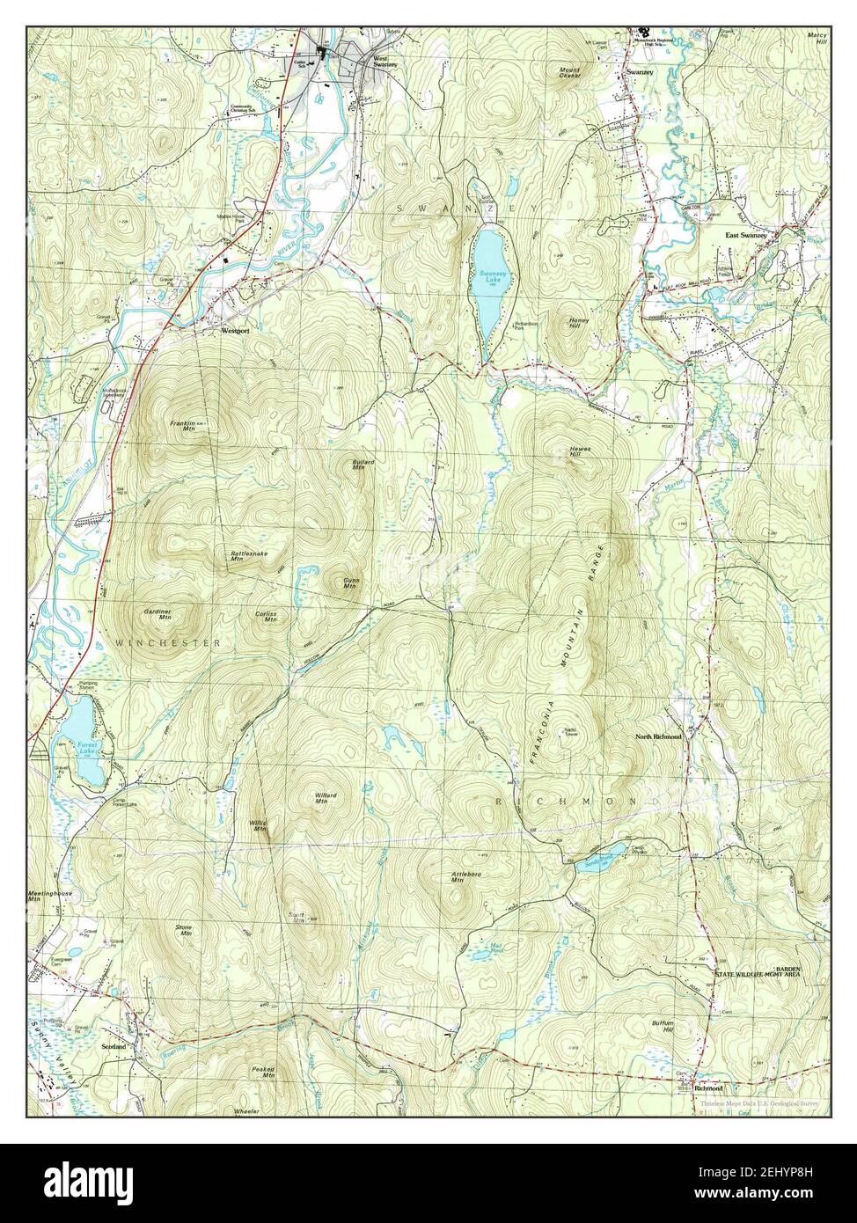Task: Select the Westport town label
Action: pyautogui.click(x=235, y=332)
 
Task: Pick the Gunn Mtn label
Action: pyautogui.click(x=350, y=583)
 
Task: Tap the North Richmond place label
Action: pyautogui.click(x=658, y=736)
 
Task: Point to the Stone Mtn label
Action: pyautogui.click(x=184, y=930)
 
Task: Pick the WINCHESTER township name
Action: pyautogui.click(x=166, y=644)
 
